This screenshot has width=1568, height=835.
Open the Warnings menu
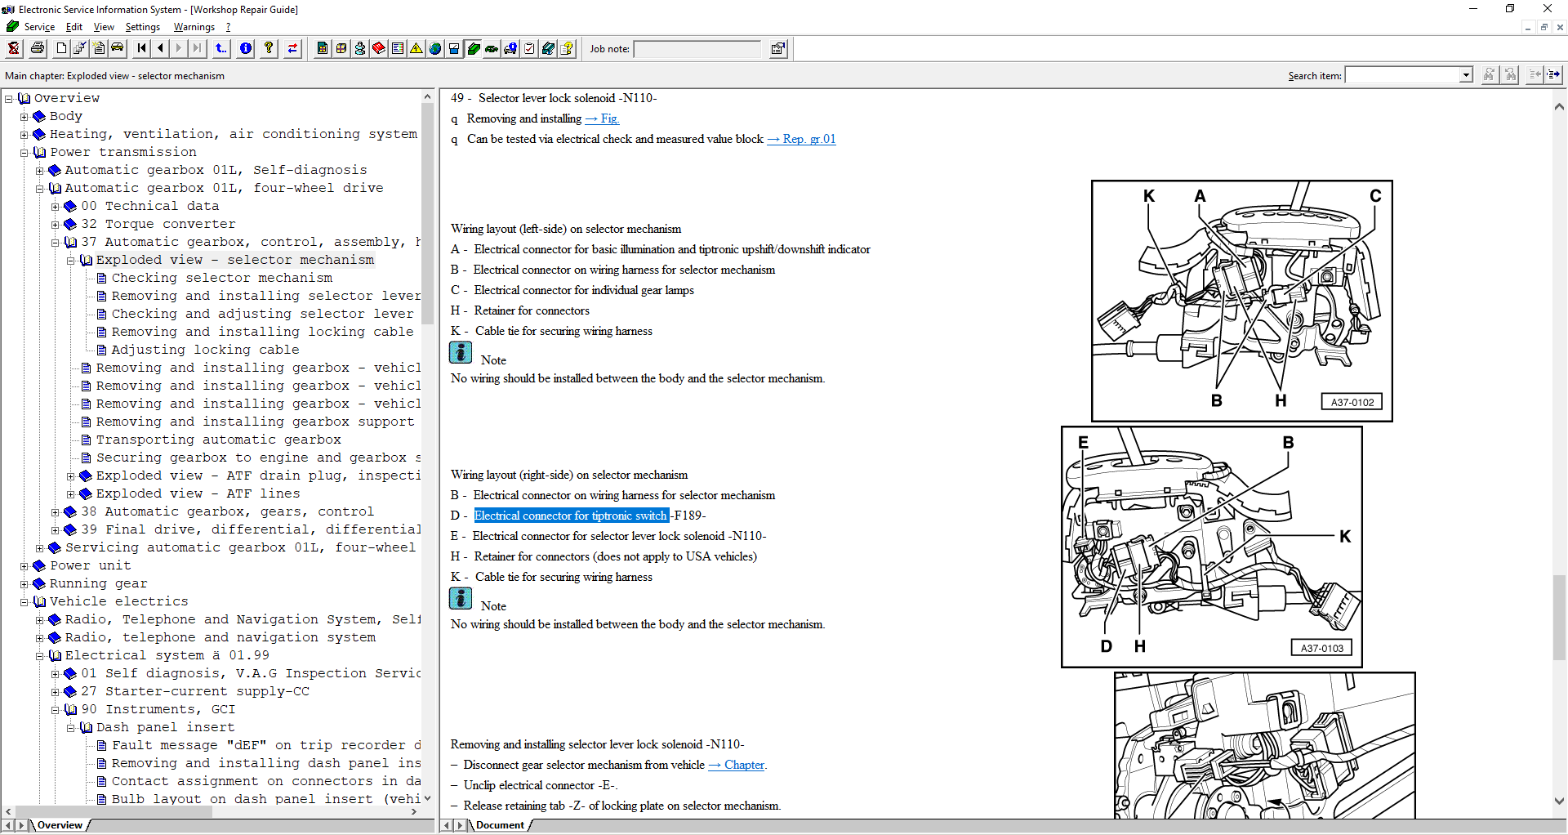[x=194, y=27]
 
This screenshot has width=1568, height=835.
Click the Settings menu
[x=142, y=27]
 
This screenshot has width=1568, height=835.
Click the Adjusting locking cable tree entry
[x=205, y=350]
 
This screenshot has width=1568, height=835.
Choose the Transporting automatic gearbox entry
[x=218, y=440]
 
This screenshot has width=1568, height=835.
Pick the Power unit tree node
[x=90, y=565]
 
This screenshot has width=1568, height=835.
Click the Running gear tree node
[x=98, y=583]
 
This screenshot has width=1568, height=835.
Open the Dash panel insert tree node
[x=165, y=727]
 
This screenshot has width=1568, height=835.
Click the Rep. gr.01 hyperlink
[x=808, y=139]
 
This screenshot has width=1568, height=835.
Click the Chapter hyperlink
[x=744, y=765]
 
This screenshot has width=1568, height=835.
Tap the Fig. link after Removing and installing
[x=609, y=118]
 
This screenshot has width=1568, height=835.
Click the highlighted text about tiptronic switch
[x=571, y=516]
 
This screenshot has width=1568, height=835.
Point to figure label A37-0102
[x=1352, y=402]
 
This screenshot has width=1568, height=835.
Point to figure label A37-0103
[x=1322, y=648]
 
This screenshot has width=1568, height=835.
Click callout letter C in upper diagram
[x=1376, y=196]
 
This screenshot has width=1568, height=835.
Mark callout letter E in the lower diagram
[x=1083, y=442]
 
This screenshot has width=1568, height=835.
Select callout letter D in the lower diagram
[x=1107, y=646]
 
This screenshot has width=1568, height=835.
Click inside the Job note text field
[x=697, y=49]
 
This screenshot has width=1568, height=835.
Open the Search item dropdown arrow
[x=1466, y=75]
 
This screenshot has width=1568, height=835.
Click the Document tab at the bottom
[x=500, y=825]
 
